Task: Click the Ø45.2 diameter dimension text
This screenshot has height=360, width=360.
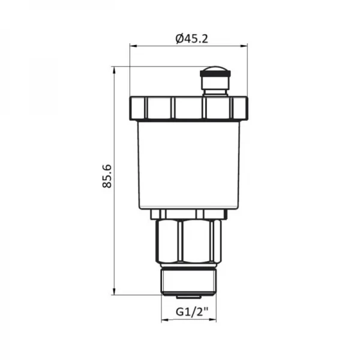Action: [x=192, y=38]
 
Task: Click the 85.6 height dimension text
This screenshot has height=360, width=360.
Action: [x=107, y=176]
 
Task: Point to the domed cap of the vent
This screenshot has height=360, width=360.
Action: [x=215, y=68]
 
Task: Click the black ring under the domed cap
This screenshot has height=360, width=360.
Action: [x=215, y=74]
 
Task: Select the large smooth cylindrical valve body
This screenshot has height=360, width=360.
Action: [x=189, y=165]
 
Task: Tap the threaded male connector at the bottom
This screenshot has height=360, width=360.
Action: [x=188, y=281]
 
